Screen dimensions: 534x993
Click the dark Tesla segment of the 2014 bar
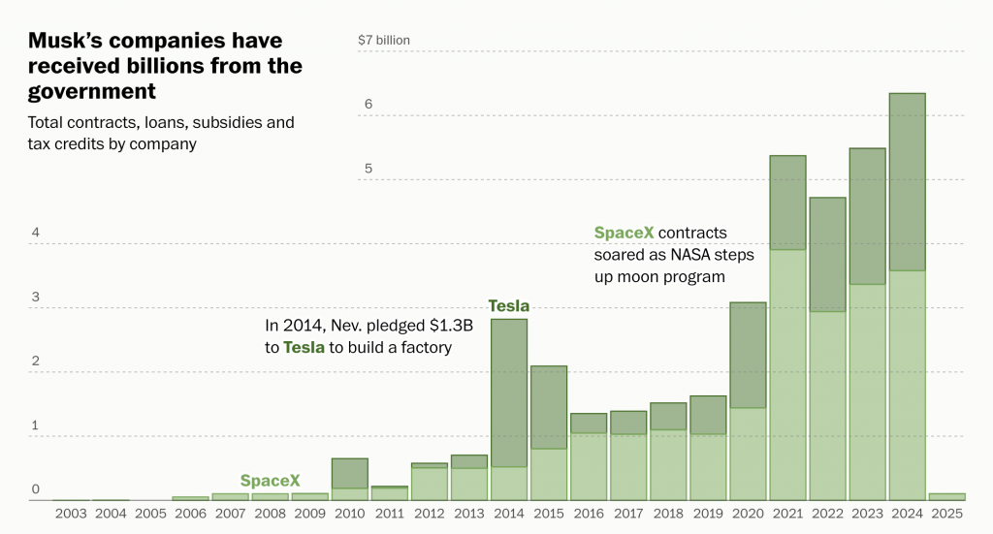(509, 393)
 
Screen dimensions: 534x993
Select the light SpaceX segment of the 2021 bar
(787, 374)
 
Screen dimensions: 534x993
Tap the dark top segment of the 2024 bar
(907, 181)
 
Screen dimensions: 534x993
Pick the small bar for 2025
(946, 496)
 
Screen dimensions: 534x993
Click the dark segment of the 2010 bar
(350, 473)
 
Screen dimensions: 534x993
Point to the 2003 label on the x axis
(71, 514)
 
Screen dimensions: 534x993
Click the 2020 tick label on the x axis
(748, 514)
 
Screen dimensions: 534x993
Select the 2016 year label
(589, 514)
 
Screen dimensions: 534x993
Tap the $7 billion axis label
(384, 41)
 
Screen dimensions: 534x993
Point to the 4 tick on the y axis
(35, 233)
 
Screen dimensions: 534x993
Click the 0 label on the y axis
(35, 489)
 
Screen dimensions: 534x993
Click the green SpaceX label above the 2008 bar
(270, 481)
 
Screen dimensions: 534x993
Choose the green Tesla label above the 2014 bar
(508, 306)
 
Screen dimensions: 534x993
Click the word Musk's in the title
(71, 42)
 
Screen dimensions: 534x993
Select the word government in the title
(92, 91)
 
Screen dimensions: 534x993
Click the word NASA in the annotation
(692, 255)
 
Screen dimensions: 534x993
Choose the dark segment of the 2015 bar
(549, 407)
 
